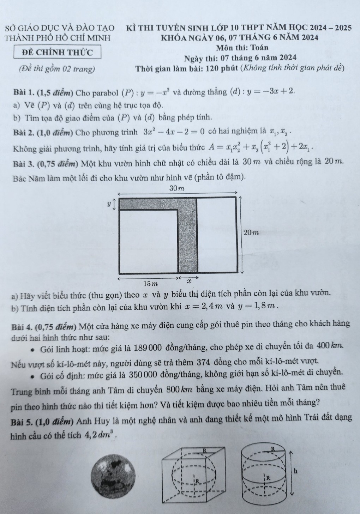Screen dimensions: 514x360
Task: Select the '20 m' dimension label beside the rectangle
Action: coord(251,232)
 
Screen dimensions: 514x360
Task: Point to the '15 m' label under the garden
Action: coord(150,284)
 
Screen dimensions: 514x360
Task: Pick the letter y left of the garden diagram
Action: coord(109,204)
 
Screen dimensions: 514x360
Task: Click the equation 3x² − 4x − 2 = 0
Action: coord(174,132)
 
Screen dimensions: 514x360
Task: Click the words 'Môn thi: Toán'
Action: coord(243,48)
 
